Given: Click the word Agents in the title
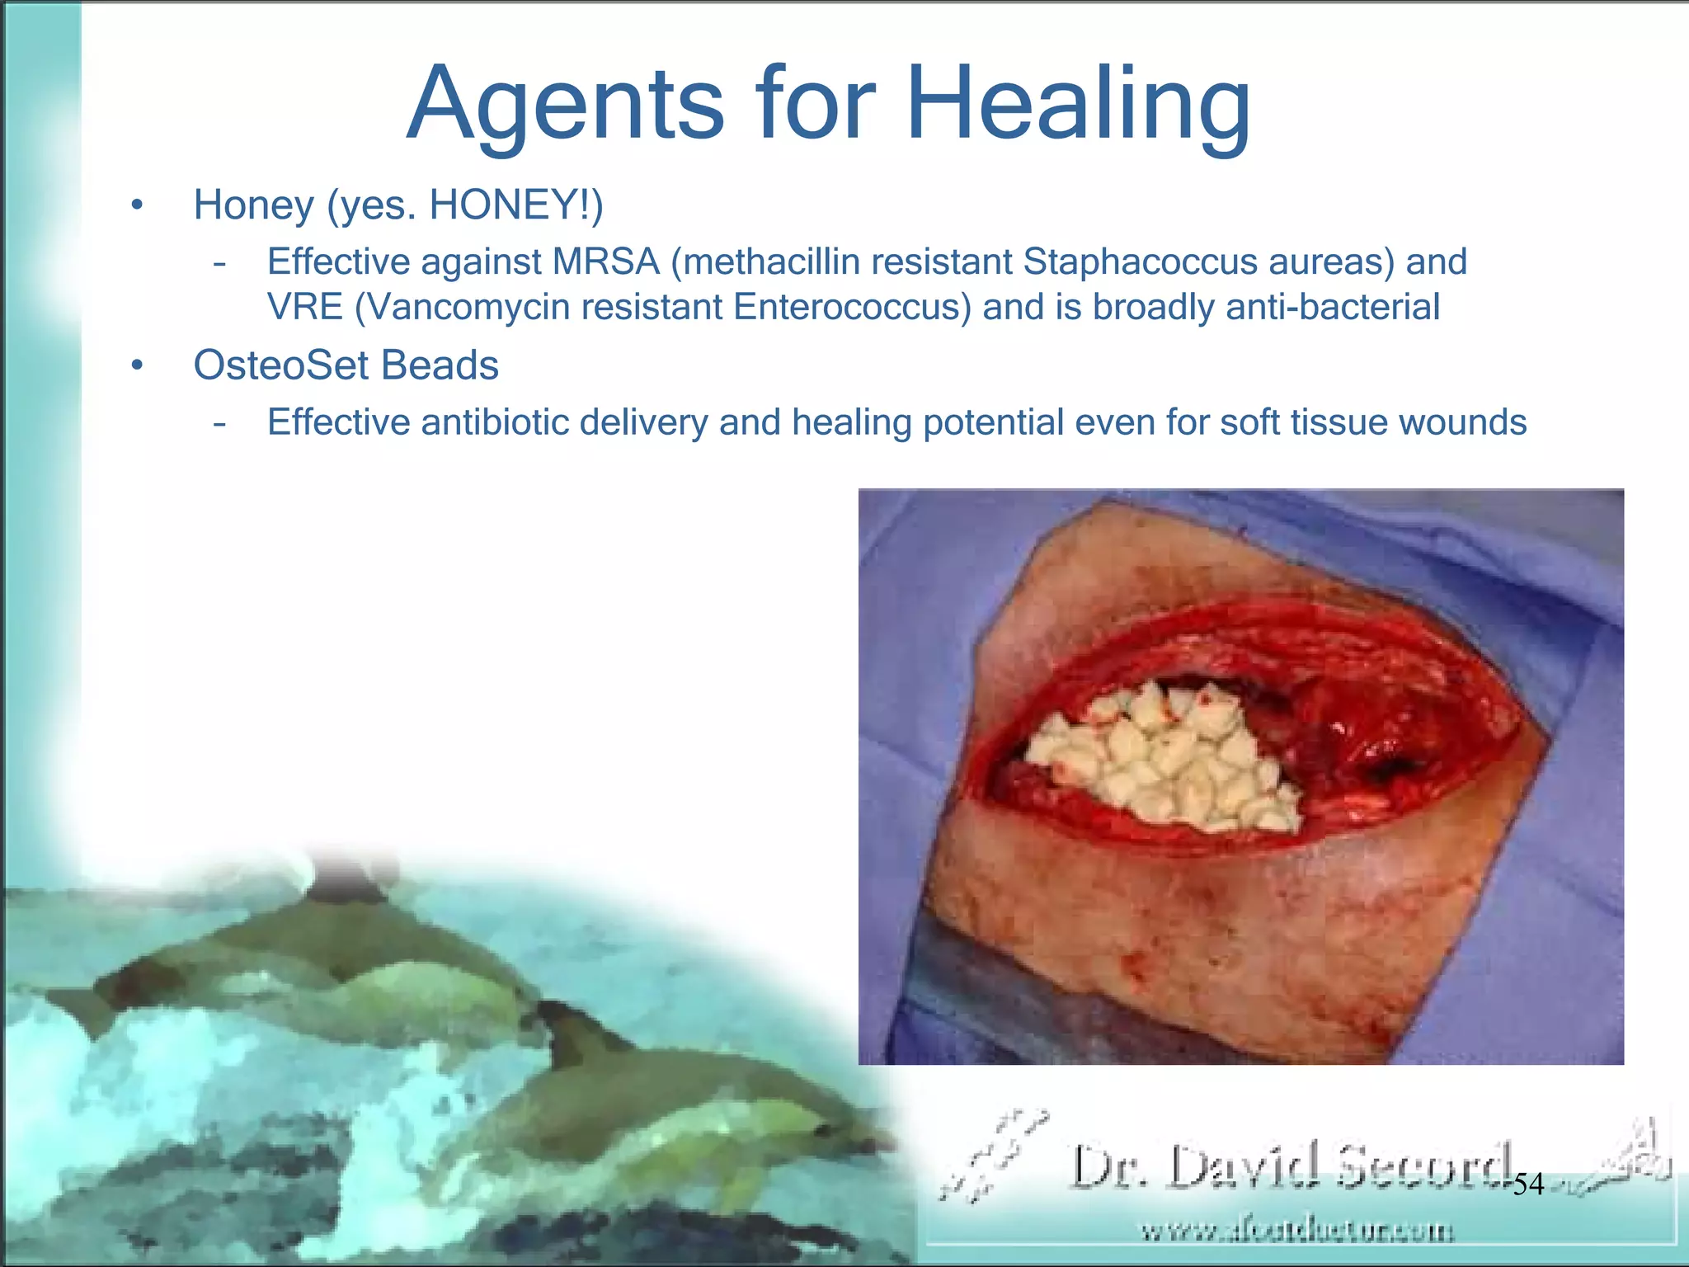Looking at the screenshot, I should (565, 106).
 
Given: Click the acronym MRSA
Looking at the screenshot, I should (606, 262).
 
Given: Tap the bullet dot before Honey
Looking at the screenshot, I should (137, 205).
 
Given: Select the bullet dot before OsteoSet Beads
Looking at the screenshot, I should (137, 365).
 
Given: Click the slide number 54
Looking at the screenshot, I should (1527, 1185).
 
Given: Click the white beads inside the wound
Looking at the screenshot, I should (1163, 759).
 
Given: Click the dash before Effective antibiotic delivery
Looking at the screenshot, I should (219, 423).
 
